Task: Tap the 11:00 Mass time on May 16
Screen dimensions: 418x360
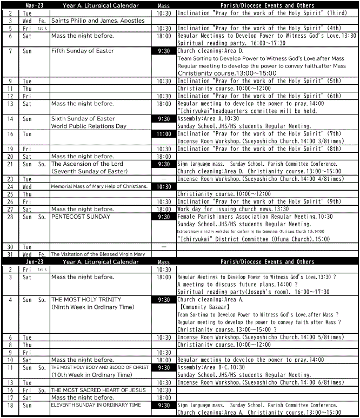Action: click(164, 134)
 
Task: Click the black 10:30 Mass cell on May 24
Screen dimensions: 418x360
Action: click(164, 186)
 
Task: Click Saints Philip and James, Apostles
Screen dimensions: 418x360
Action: click(98, 21)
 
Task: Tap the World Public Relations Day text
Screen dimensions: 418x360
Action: click(89, 126)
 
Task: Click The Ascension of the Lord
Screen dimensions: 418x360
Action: click(87, 164)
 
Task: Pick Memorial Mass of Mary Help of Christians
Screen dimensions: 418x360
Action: click(99, 186)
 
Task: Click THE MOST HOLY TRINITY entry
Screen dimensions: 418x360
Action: click(86, 300)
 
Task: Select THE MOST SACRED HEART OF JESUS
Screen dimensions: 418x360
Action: click(98, 390)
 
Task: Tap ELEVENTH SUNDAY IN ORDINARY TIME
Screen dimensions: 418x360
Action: click(96, 405)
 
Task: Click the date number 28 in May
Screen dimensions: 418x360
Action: click(10, 217)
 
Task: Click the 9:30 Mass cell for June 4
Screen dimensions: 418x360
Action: click(164, 300)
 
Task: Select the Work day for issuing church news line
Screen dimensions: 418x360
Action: click(233, 209)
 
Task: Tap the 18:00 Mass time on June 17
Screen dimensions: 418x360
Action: click(164, 397)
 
